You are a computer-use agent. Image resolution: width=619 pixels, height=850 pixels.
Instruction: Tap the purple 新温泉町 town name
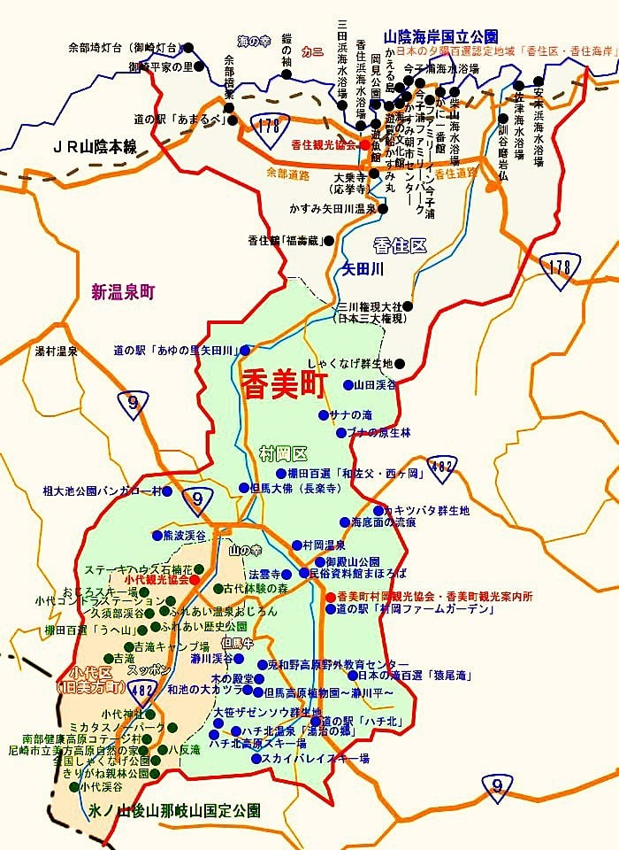point(123,291)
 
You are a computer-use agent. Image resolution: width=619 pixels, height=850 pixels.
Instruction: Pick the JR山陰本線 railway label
point(95,147)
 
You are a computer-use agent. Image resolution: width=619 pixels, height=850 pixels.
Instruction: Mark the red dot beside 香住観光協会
point(363,143)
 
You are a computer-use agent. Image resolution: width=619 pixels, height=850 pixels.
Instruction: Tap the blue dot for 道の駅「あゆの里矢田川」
point(246,351)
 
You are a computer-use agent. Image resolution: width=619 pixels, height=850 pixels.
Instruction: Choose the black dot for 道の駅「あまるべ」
point(228,108)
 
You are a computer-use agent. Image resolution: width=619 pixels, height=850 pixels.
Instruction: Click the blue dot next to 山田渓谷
point(348,386)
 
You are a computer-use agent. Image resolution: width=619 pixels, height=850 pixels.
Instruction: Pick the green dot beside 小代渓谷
point(73,785)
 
